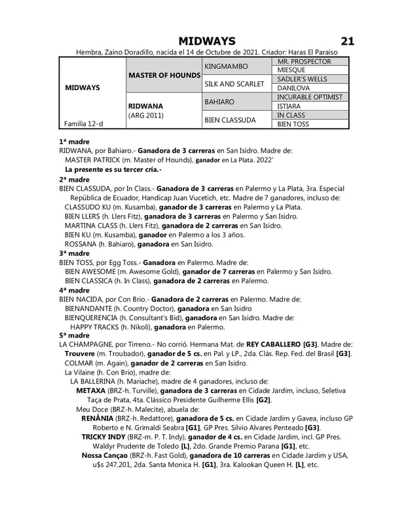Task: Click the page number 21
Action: point(348,41)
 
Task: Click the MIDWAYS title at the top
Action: point(207,41)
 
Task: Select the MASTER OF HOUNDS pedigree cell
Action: point(164,75)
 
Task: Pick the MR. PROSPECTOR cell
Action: point(304,62)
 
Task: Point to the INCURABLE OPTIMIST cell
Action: point(310,97)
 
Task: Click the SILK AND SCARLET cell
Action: point(234,83)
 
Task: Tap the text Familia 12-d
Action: point(83,123)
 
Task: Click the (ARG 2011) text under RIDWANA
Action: point(146,115)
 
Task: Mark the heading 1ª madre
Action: point(75,141)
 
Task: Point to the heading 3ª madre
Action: point(75,253)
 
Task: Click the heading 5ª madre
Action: point(75,335)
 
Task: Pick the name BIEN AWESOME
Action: point(90,271)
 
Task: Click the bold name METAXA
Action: point(91,390)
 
